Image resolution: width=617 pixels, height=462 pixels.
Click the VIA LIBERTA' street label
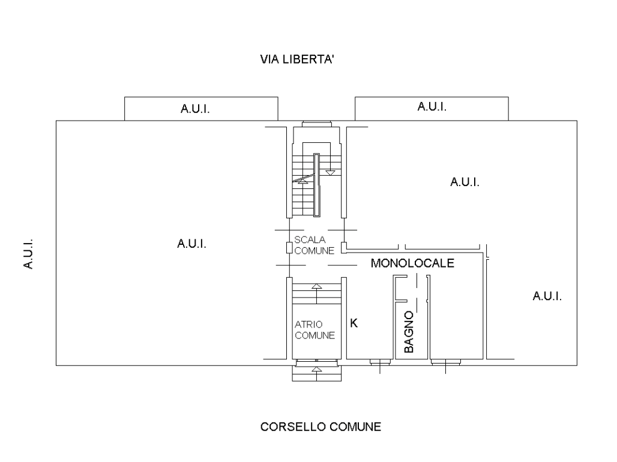(297, 59)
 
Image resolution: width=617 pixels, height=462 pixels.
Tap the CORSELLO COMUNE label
(321, 427)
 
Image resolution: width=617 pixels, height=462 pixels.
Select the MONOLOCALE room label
(412, 263)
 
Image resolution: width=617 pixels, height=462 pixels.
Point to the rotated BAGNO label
(409, 332)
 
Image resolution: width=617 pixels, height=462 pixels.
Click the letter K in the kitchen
(354, 323)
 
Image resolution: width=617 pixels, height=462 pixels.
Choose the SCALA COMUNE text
(314, 245)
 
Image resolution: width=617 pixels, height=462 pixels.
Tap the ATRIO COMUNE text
(315, 330)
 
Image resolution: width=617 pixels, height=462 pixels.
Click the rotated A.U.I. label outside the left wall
(28, 254)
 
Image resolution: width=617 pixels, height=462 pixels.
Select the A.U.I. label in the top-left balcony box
(195, 109)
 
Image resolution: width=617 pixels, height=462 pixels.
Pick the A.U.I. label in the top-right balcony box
(432, 107)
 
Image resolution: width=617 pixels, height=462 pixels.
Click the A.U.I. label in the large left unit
(191, 244)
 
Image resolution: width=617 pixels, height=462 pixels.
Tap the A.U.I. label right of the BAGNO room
(547, 296)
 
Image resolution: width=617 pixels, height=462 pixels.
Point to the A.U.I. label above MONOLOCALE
(465, 182)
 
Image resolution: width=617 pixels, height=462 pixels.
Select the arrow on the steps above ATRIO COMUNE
(317, 293)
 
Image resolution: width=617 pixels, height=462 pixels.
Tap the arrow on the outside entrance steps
(317, 373)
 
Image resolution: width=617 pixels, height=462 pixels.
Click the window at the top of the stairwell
(317, 124)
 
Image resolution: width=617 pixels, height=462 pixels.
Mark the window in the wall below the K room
(380, 362)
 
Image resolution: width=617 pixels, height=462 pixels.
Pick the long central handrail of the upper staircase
(317, 185)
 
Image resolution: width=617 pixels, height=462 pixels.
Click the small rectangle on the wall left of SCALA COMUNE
(289, 248)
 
